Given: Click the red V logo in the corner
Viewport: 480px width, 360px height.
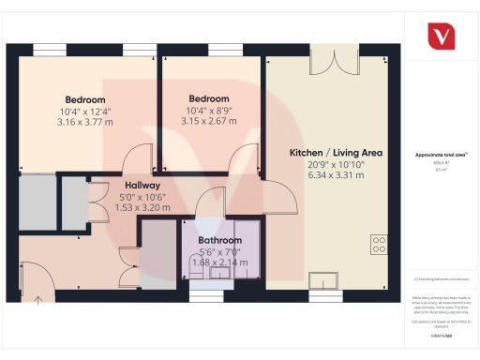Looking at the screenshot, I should (x=441, y=36).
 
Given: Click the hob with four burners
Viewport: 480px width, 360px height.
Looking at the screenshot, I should (x=380, y=245).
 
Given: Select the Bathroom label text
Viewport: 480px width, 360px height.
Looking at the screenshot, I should (x=219, y=240).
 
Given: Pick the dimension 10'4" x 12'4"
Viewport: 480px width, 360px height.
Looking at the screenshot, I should (x=85, y=112).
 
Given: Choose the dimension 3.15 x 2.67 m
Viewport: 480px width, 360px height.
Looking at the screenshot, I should (x=208, y=121).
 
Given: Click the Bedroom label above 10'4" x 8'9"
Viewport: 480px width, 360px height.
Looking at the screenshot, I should (x=208, y=98).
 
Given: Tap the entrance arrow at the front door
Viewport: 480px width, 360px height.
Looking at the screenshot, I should (x=38, y=301).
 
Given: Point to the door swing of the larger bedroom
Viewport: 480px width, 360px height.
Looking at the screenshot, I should (x=138, y=157).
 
